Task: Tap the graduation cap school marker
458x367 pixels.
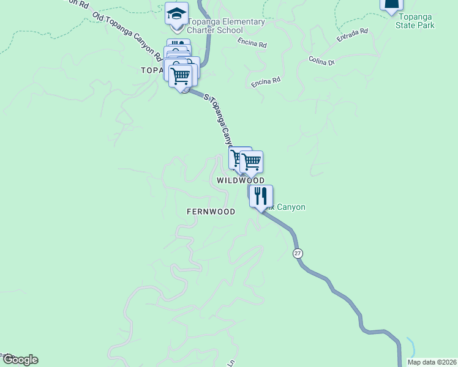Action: pos(176,14)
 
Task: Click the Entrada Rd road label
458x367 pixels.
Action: pos(352,35)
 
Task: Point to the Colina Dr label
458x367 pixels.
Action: pos(322,61)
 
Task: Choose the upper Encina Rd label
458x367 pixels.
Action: pos(254,45)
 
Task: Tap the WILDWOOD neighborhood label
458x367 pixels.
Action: pos(241,180)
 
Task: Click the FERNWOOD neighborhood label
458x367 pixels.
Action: pos(211,212)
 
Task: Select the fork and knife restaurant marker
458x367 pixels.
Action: pos(261,196)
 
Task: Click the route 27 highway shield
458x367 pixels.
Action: pos(298,253)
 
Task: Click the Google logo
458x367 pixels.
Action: pos(20,360)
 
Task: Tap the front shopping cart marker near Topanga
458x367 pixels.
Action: pos(181,76)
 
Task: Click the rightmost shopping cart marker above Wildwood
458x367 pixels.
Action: pos(251,163)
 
